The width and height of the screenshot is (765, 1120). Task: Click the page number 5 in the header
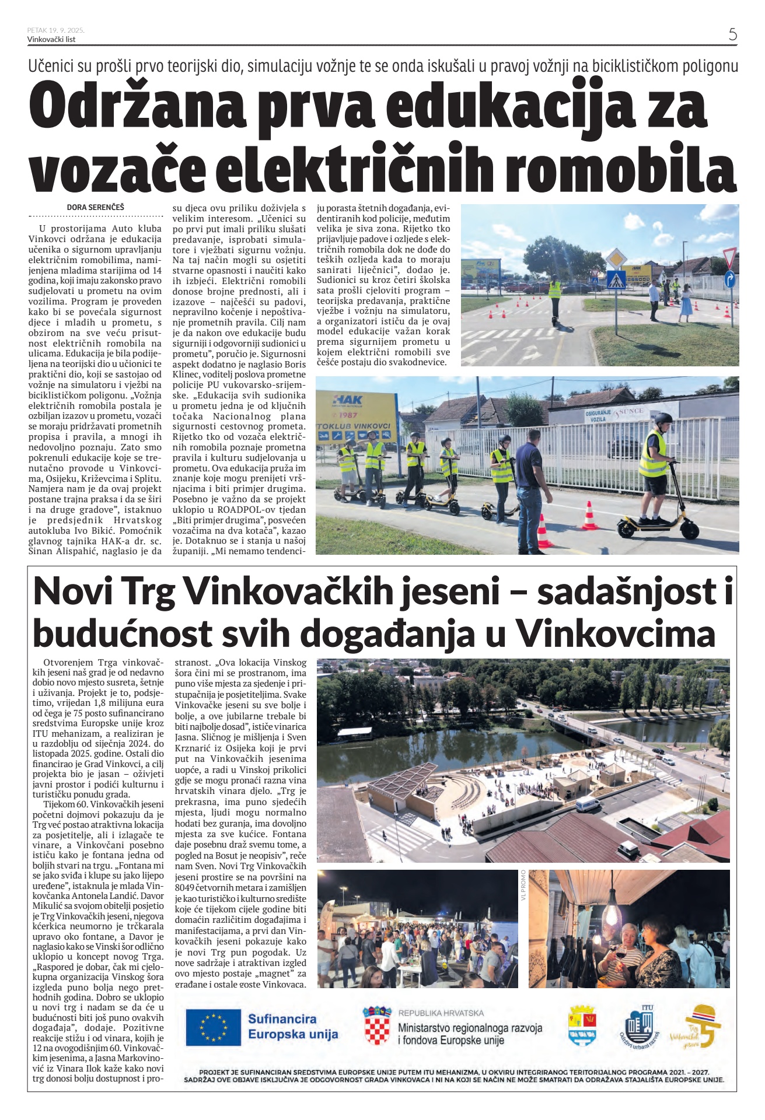[732, 34]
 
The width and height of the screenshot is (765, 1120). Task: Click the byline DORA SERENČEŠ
[96, 207]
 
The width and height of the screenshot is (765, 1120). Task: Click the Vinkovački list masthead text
[51, 40]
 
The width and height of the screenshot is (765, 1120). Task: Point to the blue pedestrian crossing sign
[616, 280]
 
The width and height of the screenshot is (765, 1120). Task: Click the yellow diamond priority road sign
[616, 258]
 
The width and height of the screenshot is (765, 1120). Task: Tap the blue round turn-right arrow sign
[730, 280]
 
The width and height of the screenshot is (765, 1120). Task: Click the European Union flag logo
[213, 1027]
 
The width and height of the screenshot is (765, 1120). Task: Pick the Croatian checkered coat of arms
[377, 1025]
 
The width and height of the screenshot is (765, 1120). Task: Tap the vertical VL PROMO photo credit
[523, 885]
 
